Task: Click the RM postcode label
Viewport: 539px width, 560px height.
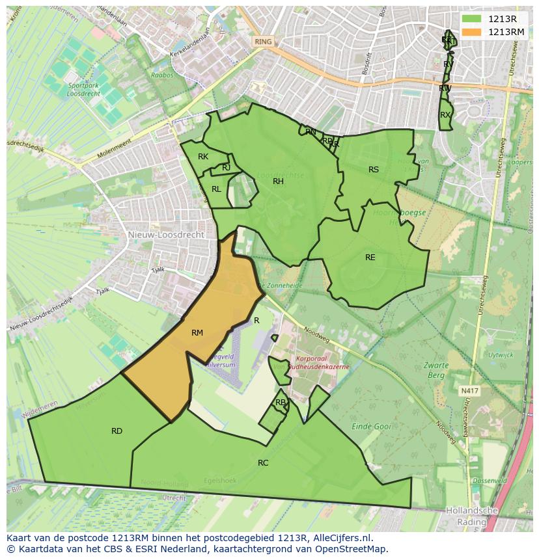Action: [197, 333]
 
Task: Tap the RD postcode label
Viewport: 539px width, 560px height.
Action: [117, 431]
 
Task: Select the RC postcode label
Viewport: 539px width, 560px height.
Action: [263, 463]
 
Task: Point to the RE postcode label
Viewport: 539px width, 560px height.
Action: [370, 258]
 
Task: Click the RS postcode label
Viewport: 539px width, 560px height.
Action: [374, 170]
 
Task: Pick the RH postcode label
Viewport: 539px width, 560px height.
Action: [278, 181]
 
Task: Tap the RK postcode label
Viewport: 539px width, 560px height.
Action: [203, 157]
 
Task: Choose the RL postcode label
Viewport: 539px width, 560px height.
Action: [216, 189]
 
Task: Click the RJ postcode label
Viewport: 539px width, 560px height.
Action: [226, 168]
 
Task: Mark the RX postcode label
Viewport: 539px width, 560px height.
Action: [445, 115]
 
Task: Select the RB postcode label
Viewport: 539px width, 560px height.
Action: [280, 403]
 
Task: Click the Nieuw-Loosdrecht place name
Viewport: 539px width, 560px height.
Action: [166, 234]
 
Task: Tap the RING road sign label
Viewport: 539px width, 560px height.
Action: [263, 42]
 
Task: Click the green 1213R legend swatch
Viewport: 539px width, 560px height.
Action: [472, 19]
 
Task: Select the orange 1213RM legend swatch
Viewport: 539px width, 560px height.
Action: [472, 31]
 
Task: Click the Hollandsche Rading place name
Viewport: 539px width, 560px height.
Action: [472, 516]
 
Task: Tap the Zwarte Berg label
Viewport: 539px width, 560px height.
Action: [435, 370]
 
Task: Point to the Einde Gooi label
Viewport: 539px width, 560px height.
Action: [371, 427]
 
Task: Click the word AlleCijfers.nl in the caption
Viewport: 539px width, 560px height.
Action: [342, 538]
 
